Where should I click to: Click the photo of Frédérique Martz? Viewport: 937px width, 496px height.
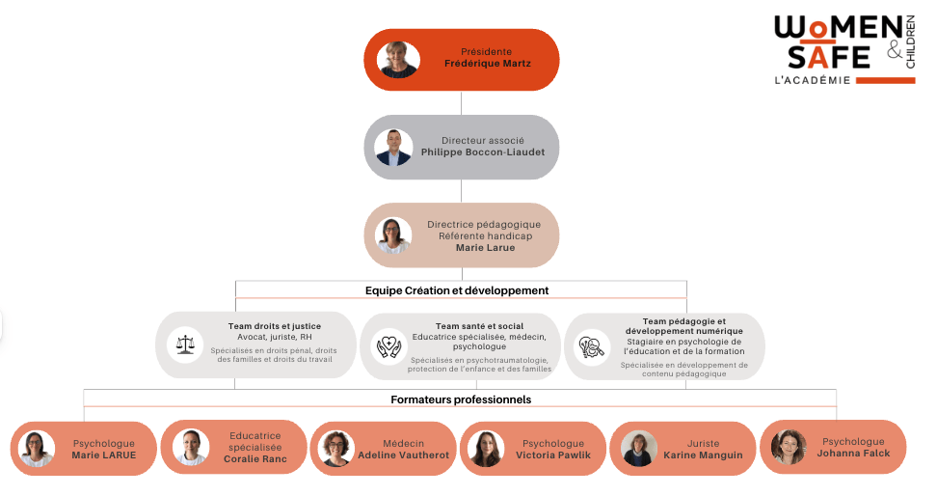[x=398, y=60]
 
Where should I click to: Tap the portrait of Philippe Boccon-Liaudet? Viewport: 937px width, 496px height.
[x=393, y=147]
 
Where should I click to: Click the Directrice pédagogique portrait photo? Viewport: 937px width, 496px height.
[x=393, y=235]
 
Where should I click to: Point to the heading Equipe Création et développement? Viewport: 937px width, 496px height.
[x=457, y=289]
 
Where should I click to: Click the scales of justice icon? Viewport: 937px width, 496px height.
[x=184, y=344]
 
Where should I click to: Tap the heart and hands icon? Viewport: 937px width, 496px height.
[x=388, y=345]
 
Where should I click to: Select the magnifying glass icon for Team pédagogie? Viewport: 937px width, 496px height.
[x=590, y=345]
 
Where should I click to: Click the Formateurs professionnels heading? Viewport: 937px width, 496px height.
[x=461, y=399]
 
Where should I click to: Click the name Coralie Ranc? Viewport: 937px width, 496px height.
[x=255, y=458]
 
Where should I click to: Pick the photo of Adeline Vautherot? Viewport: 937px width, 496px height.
[x=336, y=449]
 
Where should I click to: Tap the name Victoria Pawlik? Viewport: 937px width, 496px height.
[x=553, y=455]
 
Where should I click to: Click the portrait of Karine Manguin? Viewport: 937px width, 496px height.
[x=638, y=449]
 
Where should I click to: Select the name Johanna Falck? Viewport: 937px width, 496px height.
[x=853, y=453]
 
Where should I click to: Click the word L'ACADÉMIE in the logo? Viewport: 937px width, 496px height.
[x=812, y=80]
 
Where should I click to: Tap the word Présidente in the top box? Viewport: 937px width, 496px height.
[x=487, y=51]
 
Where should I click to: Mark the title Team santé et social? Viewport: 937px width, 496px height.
[x=479, y=326]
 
